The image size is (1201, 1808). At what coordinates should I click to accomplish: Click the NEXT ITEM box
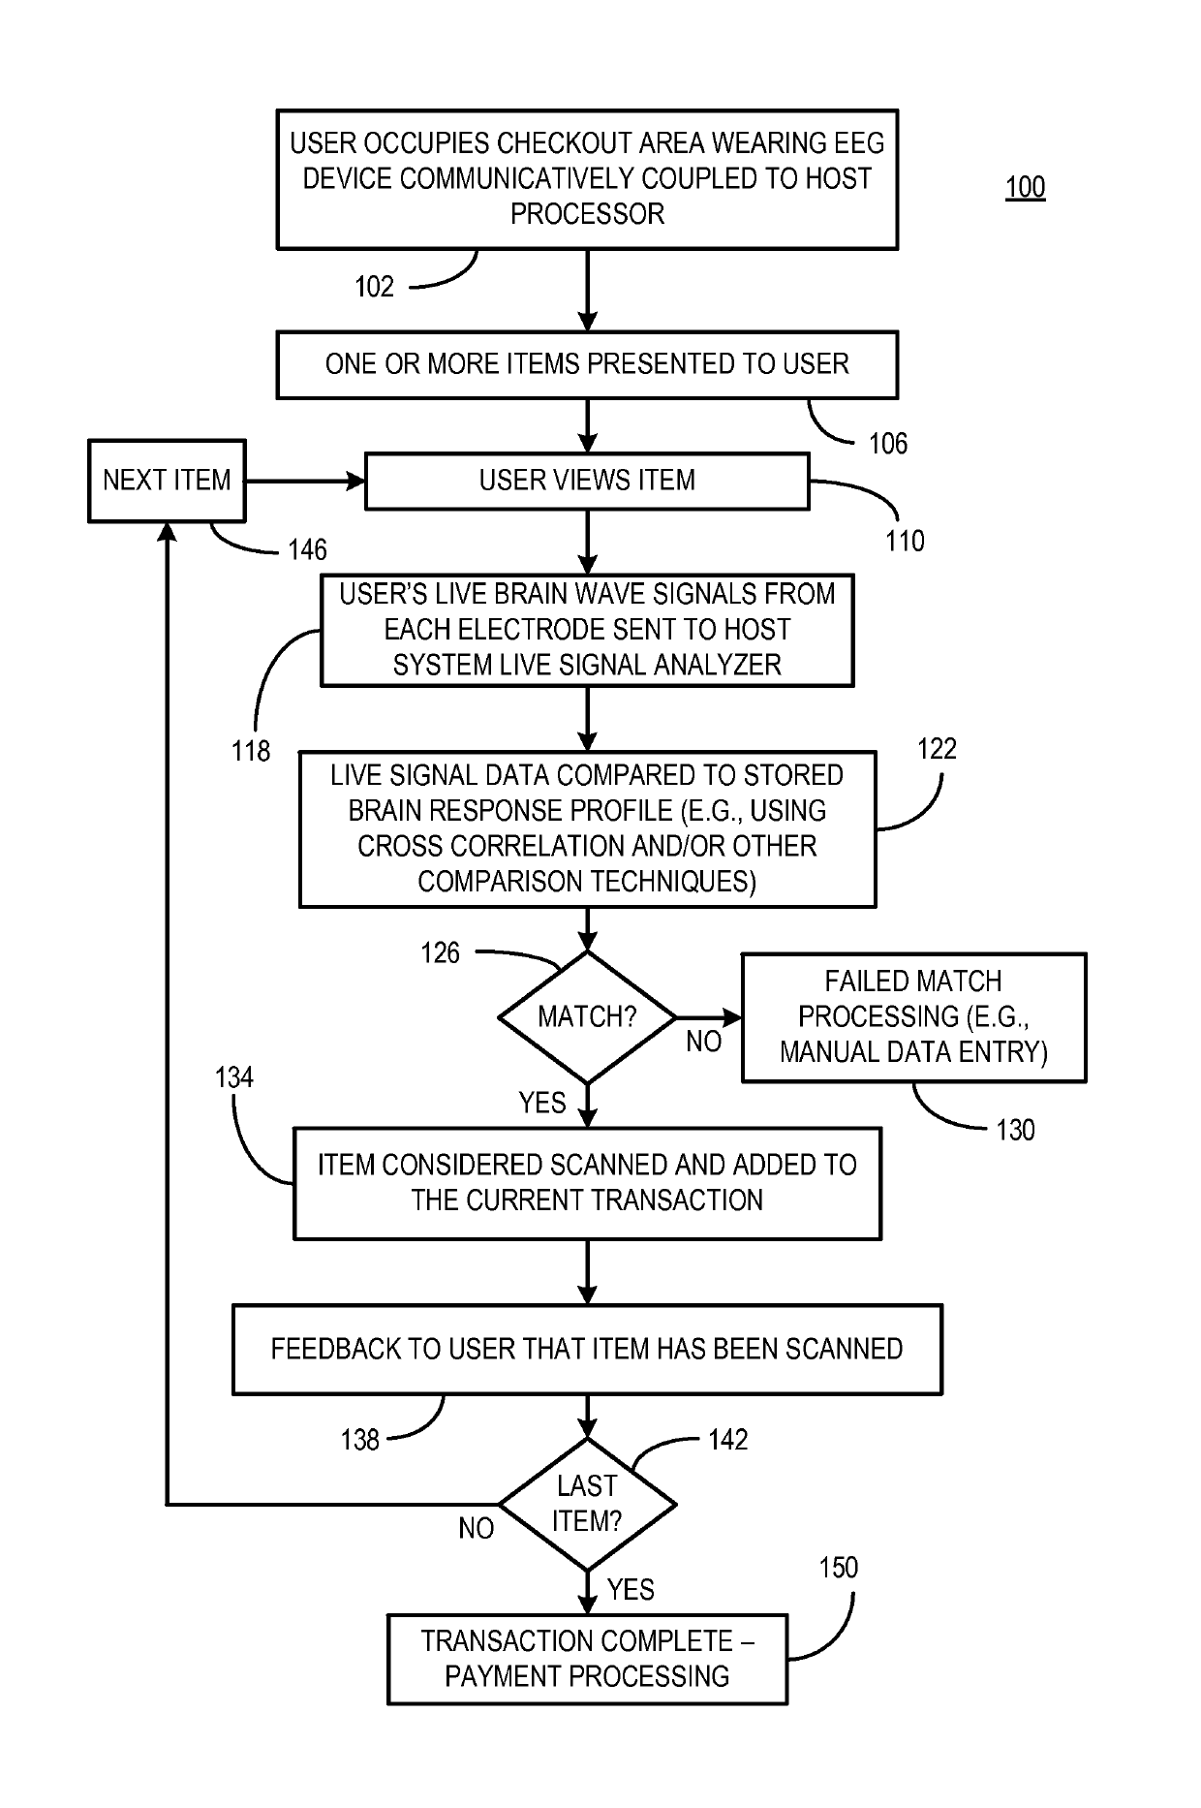pyautogui.click(x=167, y=481)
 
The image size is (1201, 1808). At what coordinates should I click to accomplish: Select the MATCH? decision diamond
pyautogui.click(x=587, y=1017)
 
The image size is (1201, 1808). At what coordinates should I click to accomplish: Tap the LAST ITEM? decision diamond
pyautogui.click(x=587, y=1504)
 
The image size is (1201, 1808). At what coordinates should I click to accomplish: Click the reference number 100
pyautogui.click(x=1026, y=187)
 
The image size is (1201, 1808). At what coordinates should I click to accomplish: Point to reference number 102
pyautogui.click(x=375, y=287)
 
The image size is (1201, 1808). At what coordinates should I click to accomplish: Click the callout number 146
pyautogui.click(x=308, y=550)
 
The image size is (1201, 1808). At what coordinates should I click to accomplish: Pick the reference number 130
pyautogui.click(x=1015, y=1130)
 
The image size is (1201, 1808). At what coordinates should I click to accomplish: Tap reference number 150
pyautogui.click(x=838, y=1568)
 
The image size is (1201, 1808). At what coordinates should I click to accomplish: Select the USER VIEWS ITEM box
pyautogui.click(x=587, y=481)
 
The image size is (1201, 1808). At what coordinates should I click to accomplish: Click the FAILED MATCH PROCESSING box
pyautogui.click(x=913, y=1017)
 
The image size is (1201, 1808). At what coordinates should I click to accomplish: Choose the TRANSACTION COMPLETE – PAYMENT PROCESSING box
pyautogui.click(x=587, y=1659)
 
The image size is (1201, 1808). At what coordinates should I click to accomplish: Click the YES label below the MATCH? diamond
pyautogui.click(x=542, y=1103)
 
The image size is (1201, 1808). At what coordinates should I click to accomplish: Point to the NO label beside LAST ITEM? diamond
pyautogui.click(x=477, y=1528)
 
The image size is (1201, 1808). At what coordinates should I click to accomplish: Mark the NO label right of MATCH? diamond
pyautogui.click(x=704, y=1042)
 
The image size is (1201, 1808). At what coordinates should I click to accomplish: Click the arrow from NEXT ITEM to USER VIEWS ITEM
pyautogui.click(x=305, y=481)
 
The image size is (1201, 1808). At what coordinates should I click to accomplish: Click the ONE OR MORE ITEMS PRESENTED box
pyautogui.click(x=587, y=364)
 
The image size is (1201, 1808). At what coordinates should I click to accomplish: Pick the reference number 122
pyautogui.click(x=937, y=749)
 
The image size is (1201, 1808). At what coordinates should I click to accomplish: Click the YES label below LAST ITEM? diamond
pyautogui.click(x=631, y=1589)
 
